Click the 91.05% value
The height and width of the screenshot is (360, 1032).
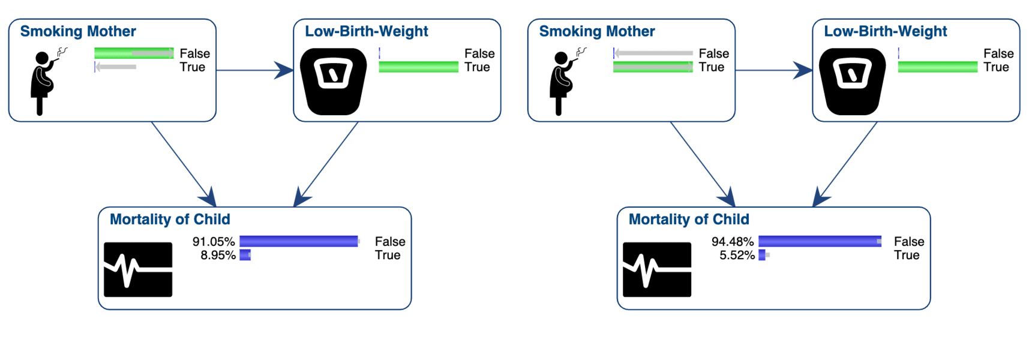click(214, 242)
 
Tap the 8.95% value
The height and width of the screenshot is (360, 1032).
click(218, 256)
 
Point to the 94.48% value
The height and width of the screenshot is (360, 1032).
click(733, 242)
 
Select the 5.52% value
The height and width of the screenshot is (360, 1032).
click(737, 256)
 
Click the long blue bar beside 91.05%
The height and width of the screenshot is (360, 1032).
click(298, 241)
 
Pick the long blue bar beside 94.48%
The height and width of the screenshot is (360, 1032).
click(819, 241)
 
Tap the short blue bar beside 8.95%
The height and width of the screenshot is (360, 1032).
click(245, 255)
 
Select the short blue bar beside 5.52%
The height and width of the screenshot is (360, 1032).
click(762, 255)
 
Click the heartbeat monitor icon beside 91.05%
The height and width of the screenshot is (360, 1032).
click(138, 269)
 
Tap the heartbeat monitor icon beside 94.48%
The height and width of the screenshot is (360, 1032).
click(657, 269)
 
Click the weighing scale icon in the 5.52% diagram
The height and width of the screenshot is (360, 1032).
click(852, 81)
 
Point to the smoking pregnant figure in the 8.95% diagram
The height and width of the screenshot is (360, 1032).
click(43, 82)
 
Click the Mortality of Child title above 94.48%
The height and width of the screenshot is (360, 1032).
click(689, 220)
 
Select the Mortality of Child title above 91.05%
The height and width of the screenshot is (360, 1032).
click(170, 220)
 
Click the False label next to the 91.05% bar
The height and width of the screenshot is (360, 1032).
click(390, 242)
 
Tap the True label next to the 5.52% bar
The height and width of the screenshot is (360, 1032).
click(907, 256)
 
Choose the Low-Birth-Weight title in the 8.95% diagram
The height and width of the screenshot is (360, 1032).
click(366, 31)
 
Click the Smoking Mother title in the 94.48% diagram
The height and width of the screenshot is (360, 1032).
click(596, 31)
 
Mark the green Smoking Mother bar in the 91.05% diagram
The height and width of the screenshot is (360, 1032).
click(134, 53)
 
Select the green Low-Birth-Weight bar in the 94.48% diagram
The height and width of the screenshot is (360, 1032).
click(937, 67)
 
